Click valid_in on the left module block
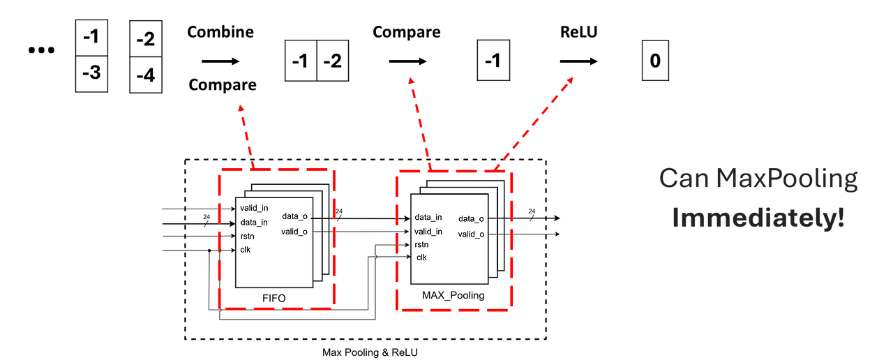point(254,208)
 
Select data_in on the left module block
point(254,223)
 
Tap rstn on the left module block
point(248,236)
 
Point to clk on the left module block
point(245,249)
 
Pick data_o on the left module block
point(295,217)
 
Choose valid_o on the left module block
point(294,232)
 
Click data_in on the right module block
point(428,217)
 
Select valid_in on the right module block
point(428,231)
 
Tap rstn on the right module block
point(421,244)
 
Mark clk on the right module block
point(421,257)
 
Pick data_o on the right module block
point(471,219)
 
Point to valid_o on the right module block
point(471,234)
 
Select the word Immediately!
point(758,218)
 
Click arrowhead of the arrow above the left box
point(241,107)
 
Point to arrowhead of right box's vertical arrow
point(411,81)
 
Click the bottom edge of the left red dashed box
point(275,308)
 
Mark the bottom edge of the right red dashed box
point(454,309)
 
